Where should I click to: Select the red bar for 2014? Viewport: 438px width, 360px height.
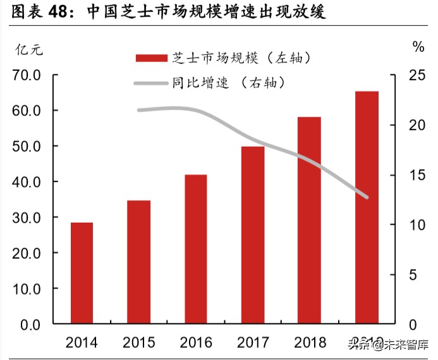pyautogui.click(x=82, y=273)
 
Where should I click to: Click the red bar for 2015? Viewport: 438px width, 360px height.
pyautogui.click(x=138, y=262)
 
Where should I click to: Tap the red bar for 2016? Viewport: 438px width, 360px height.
pyautogui.click(x=195, y=249)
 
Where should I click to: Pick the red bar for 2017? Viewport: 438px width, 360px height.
pyautogui.click(x=252, y=235)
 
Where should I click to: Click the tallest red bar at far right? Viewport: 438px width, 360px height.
pyautogui.click(x=367, y=208)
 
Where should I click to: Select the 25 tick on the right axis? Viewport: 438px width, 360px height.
pyautogui.click(x=415, y=75)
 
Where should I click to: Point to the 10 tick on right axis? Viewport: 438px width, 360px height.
pyautogui.click(x=415, y=225)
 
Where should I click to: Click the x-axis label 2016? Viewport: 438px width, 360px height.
pyautogui.click(x=195, y=344)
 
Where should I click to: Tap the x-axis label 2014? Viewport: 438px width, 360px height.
pyautogui.click(x=82, y=344)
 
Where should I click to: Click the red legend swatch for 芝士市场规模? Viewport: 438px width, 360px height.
pyautogui.click(x=151, y=58)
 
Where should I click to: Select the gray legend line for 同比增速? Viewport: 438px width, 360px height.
pyautogui.click(x=151, y=82)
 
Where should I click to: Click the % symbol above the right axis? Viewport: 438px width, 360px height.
pyautogui.click(x=418, y=46)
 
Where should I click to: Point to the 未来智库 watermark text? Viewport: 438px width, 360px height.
pyautogui.click(x=407, y=345)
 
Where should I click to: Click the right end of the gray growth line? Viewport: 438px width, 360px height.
pyautogui.click(x=367, y=197)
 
